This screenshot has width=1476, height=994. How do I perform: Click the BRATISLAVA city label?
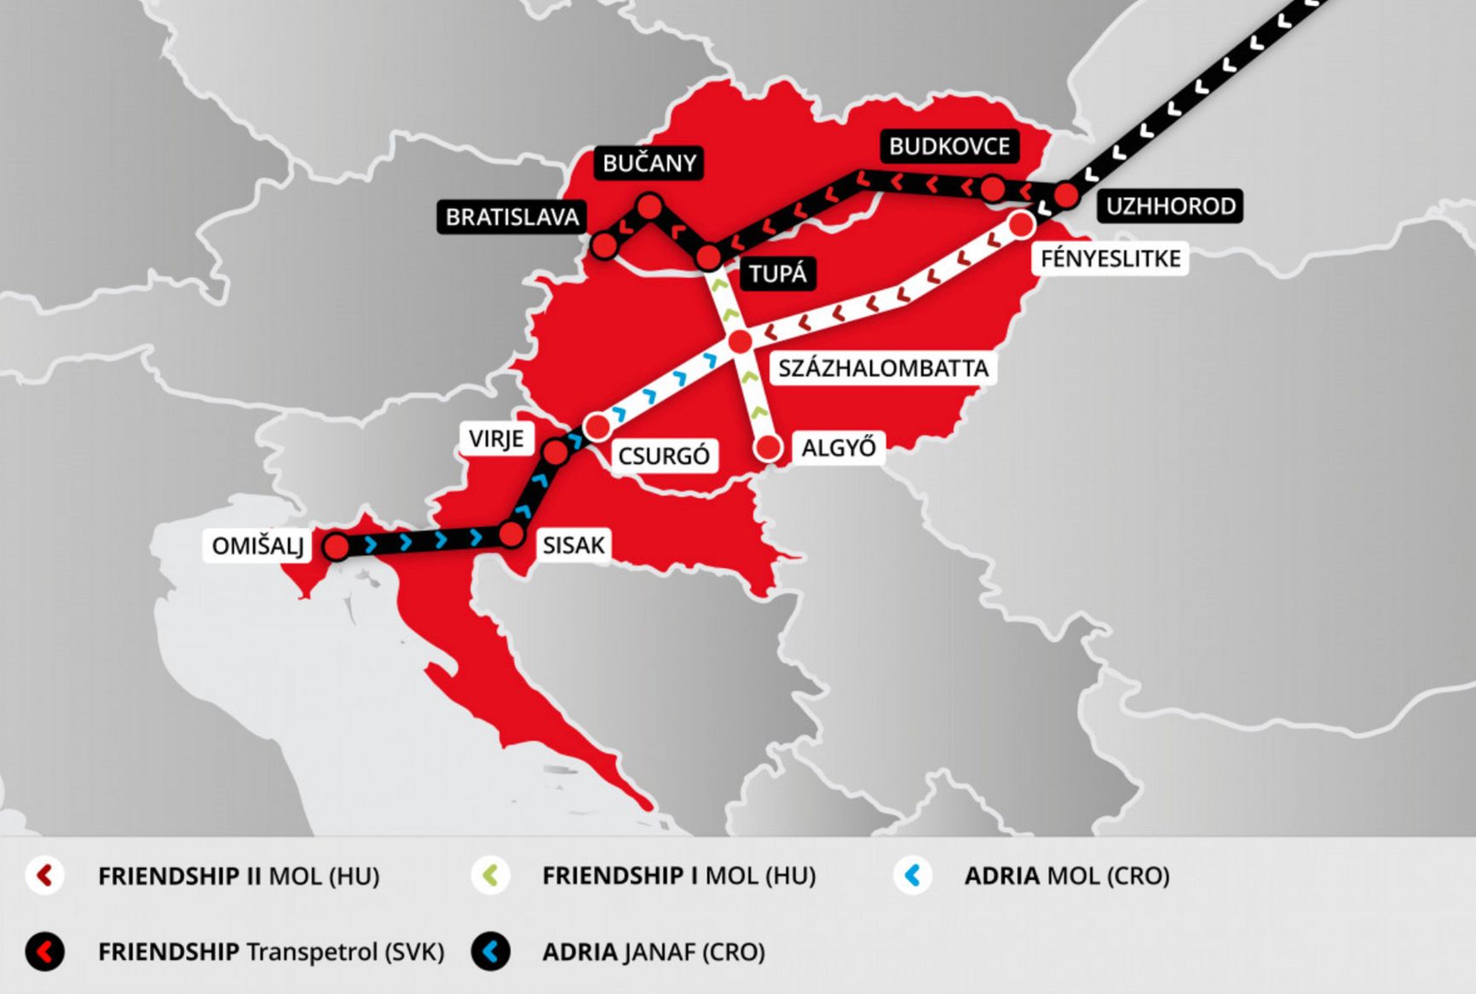click(x=512, y=217)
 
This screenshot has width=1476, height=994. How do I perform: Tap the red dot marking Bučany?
click(x=649, y=205)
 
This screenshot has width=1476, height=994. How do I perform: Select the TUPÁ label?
click(x=777, y=274)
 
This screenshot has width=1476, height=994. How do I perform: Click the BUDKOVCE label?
click(x=949, y=147)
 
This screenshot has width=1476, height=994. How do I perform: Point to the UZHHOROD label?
click(x=1170, y=205)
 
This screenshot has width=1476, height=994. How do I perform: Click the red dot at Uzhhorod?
click(x=1066, y=195)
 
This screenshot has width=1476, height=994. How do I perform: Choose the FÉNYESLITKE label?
click(x=1110, y=258)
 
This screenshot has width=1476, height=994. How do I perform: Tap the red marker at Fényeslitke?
click(x=1021, y=224)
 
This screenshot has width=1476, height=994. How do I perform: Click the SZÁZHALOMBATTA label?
click(x=883, y=368)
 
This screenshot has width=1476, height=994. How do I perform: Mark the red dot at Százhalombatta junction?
click(x=741, y=341)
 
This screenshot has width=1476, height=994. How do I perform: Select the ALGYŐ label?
click(x=839, y=448)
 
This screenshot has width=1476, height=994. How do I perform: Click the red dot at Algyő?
click(x=769, y=448)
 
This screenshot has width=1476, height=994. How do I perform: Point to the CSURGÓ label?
click(x=664, y=456)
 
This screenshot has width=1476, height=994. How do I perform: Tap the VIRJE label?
click(x=496, y=439)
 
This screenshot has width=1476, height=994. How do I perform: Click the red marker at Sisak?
click(x=510, y=535)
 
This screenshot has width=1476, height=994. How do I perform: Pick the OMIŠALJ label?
click(x=257, y=546)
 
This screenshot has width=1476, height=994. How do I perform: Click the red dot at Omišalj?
click(x=337, y=546)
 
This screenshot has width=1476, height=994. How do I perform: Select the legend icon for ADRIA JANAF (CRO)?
click(x=490, y=951)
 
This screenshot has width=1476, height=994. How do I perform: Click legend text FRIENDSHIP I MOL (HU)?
click(x=679, y=876)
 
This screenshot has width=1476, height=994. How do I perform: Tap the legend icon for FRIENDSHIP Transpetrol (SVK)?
click(x=45, y=951)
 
